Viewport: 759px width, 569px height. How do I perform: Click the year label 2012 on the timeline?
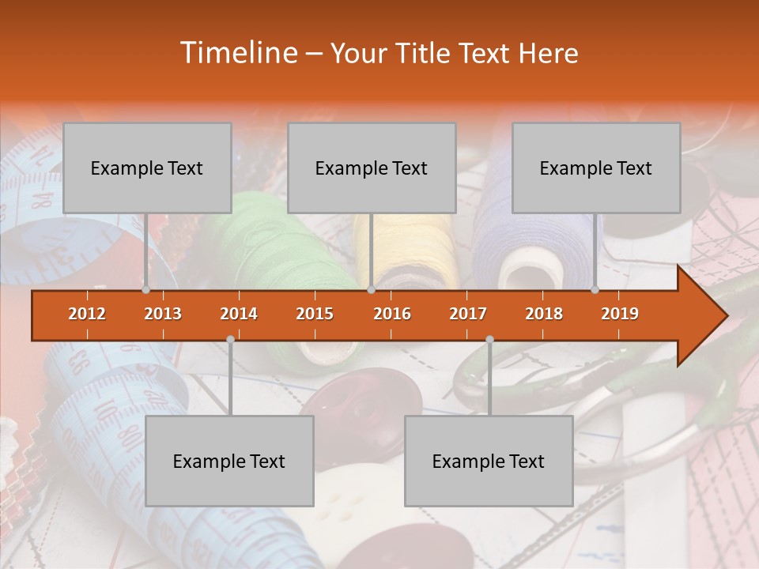(x=87, y=314)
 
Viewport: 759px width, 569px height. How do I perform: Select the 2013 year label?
(x=163, y=314)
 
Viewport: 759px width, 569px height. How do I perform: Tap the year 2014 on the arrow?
(x=239, y=314)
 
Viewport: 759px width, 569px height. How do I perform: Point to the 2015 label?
(x=315, y=314)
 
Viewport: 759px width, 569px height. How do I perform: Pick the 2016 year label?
(x=392, y=314)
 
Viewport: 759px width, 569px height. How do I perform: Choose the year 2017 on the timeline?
(x=468, y=314)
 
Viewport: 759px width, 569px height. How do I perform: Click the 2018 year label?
(x=544, y=314)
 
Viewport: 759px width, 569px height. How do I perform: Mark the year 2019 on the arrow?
(x=620, y=314)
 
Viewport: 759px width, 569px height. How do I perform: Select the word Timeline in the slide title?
(x=236, y=53)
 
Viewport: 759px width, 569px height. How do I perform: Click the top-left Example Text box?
(x=147, y=168)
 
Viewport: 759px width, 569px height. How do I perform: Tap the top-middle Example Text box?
(x=372, y=168)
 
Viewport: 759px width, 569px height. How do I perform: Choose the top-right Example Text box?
(x=596, y=168)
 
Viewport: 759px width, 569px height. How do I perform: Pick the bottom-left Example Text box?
(x=229, y=461)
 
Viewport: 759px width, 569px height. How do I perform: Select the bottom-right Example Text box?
(x=489, y=461)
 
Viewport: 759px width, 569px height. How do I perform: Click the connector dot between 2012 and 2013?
(x=145, y=289)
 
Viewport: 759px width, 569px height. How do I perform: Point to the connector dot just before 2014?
(x=230, y=339)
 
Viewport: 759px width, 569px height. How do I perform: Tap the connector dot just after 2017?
(x=489, y=339)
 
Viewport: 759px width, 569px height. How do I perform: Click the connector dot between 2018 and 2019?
(x=595, y=289)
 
